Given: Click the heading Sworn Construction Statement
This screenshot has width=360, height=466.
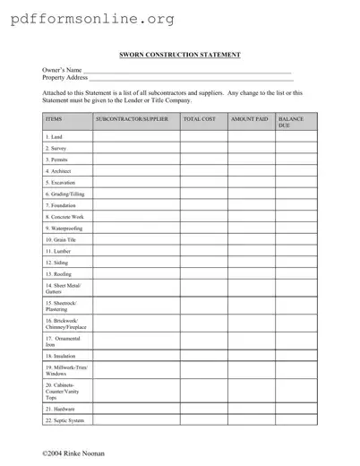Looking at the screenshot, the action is pos(180,56).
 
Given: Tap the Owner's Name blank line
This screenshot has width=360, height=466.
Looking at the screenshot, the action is pos(187,70).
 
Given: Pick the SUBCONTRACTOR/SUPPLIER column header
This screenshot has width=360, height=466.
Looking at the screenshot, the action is pos(131,119).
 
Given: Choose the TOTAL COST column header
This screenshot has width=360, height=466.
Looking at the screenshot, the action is pos(200,119).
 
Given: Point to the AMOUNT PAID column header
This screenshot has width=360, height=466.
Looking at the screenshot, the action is pos(250,119).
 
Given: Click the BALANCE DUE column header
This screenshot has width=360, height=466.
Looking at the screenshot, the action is pos(292,122).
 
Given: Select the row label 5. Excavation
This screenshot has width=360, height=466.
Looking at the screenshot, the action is pos(60,182).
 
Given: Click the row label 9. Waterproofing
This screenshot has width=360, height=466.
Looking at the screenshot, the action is pos(64,229).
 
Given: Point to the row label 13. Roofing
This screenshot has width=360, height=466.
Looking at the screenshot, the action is pos(58,274).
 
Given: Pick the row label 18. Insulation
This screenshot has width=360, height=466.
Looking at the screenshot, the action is pos(60,356).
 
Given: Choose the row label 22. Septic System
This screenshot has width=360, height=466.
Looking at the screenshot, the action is pos(64,419).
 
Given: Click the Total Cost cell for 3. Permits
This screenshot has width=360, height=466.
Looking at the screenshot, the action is pos(203,159).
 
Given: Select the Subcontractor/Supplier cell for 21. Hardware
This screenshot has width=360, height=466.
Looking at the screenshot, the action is pos(135,409).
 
